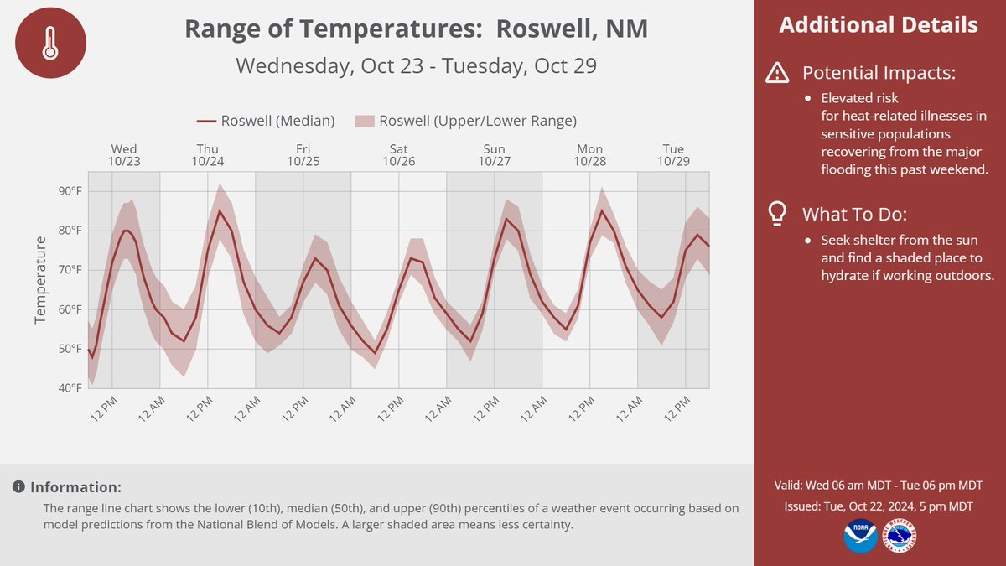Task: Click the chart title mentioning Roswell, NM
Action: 416,29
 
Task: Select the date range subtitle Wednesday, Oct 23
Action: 416,65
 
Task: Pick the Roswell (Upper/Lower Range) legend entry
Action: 466,121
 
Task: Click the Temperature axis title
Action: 39,280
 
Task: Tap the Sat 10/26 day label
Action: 399,155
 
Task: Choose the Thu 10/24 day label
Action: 208,155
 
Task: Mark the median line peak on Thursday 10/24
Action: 220,210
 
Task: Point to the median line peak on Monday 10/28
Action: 602,210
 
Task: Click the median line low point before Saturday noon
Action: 376,353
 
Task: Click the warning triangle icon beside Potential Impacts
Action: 777,74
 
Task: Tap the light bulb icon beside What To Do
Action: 777,213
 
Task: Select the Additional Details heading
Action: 879,24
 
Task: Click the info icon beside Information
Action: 18,487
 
